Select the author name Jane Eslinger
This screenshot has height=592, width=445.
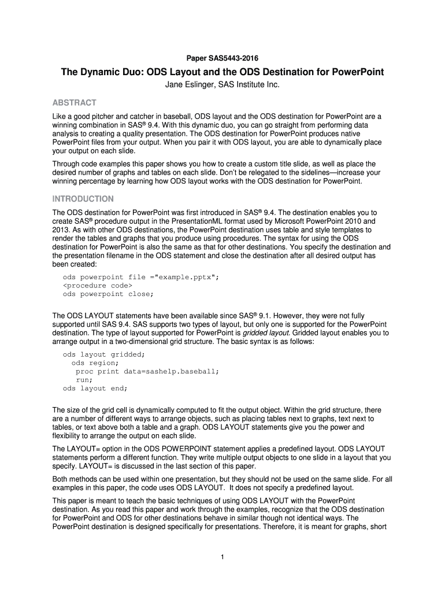[188, 86]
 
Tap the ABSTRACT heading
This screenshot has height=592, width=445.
[75, 103]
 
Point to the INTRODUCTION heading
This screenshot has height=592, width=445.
[83, 199]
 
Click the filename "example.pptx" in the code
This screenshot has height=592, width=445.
[184, 277]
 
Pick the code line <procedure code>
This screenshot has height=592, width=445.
[98, 286]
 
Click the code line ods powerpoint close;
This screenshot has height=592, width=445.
[108, 294]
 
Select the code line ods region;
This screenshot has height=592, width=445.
[95, 363]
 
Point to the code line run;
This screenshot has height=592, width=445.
[84, 380]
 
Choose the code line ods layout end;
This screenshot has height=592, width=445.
[95, 388]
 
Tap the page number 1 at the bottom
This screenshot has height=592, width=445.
[222, 557]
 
